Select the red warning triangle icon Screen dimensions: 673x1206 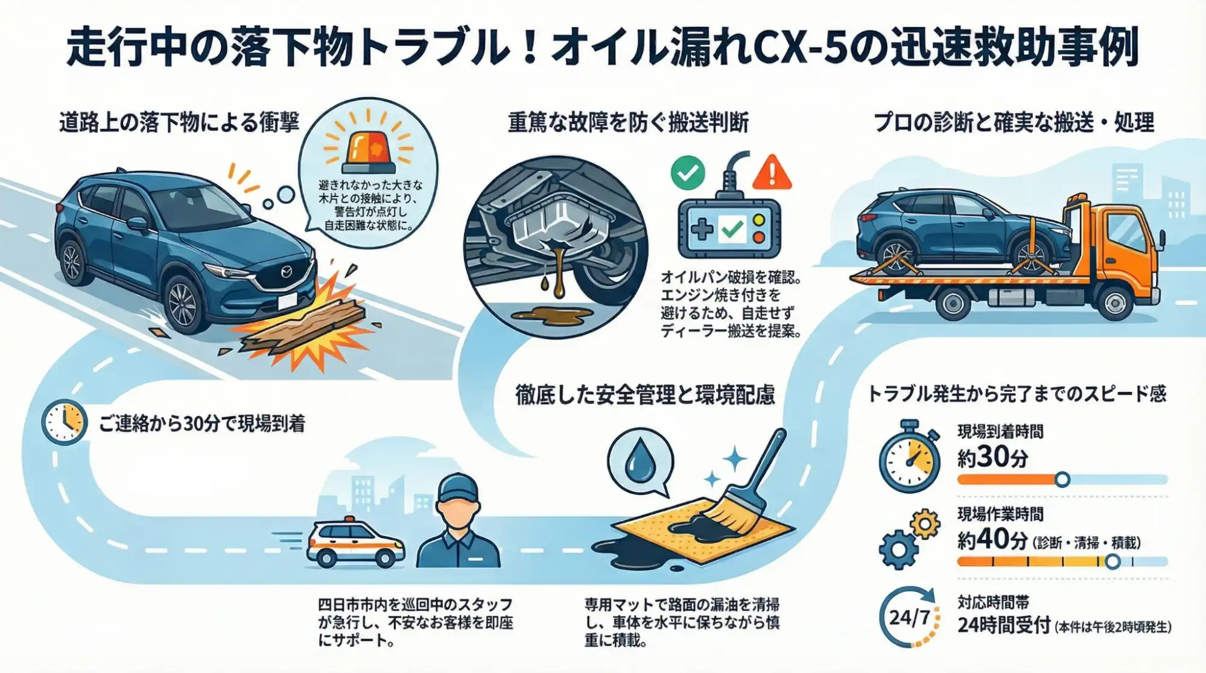772,172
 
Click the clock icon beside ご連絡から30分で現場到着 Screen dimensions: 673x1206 64,422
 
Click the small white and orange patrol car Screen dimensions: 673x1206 355,545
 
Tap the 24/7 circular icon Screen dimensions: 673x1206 909,616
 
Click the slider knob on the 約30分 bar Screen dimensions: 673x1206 1062,479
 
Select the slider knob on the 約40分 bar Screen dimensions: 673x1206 1113,561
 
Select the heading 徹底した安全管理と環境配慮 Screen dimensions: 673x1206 645,395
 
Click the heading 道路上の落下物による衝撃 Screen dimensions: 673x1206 179,122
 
